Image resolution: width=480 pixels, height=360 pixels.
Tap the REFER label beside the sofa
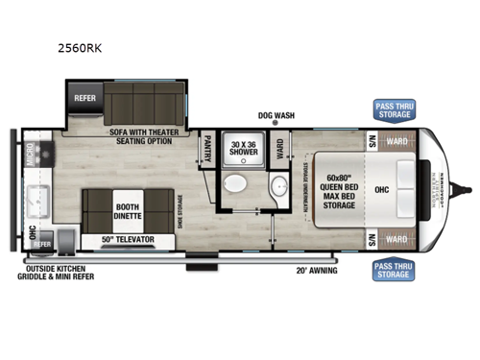pyautogui.click(x=83, y=96)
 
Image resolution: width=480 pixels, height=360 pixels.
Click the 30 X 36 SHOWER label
pyautogui.click(x=240, y=149)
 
